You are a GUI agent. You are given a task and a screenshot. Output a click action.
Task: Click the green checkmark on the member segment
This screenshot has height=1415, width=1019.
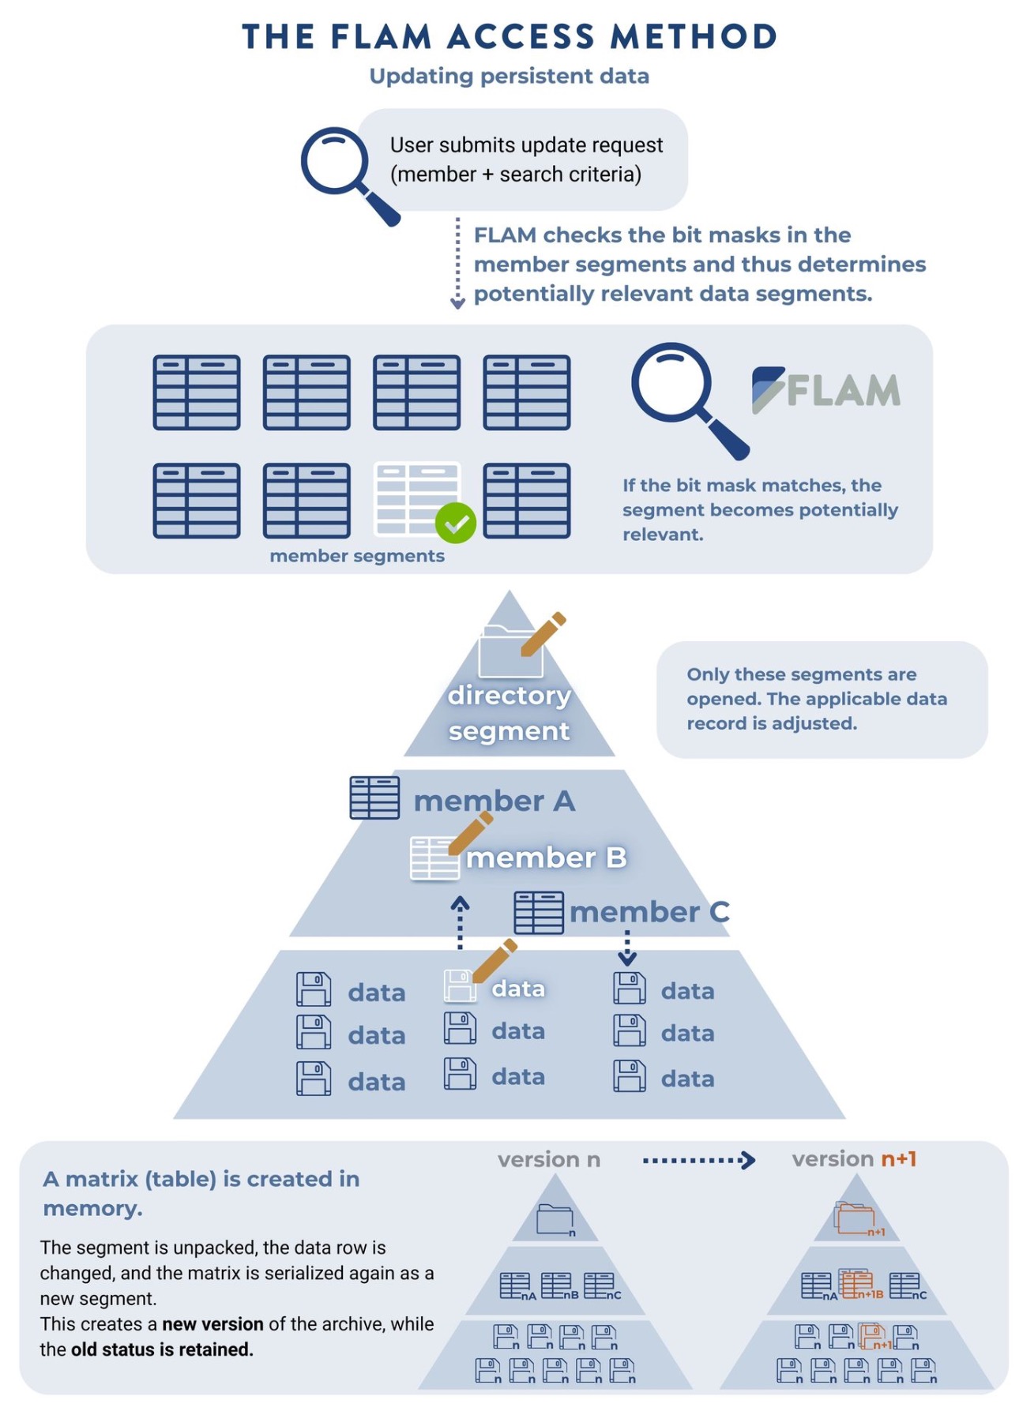(x=455, y=523)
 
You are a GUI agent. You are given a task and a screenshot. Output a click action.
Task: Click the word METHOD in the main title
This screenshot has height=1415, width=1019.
(x=694, y=37)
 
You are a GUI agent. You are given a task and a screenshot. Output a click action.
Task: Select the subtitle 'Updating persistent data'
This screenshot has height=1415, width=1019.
(x=509, y=76)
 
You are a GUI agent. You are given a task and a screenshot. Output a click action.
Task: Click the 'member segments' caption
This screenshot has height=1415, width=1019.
(x=357, y=556)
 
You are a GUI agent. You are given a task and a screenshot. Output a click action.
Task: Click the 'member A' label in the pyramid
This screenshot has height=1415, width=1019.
(x=494, y=801)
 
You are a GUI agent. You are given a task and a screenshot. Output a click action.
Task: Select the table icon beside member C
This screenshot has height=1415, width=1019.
(x=538, y=913)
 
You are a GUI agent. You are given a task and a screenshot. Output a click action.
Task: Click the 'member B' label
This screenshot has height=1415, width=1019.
(x=546, y=858)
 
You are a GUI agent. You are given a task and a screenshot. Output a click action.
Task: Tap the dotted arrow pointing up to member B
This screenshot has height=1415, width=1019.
(x=460, y=922)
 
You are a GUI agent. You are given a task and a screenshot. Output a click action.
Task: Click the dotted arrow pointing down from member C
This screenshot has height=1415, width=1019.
(x=627, y=948)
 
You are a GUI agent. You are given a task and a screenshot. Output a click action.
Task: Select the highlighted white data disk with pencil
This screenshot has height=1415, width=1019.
(x=460, y=985)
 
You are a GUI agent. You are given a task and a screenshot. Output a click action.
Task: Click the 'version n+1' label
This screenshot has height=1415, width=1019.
(x=854, y=1158)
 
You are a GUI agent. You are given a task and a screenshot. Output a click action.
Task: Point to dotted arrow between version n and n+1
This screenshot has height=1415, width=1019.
(x=698, y=1160)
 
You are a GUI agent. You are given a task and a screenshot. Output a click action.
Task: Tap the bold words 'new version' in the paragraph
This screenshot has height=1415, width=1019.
(x=212, y=1324)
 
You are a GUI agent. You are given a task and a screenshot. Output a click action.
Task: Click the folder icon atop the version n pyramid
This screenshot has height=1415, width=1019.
(x=555, y=1219)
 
